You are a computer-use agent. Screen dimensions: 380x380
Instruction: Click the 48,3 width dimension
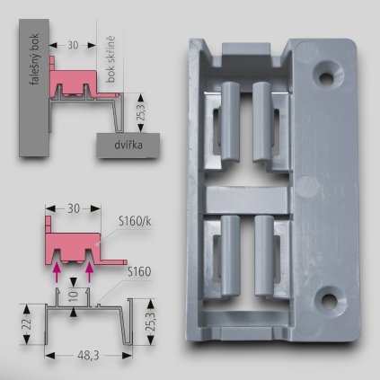[x=86, y=358]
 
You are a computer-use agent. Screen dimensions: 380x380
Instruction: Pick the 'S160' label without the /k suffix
[x=138, y=270]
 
